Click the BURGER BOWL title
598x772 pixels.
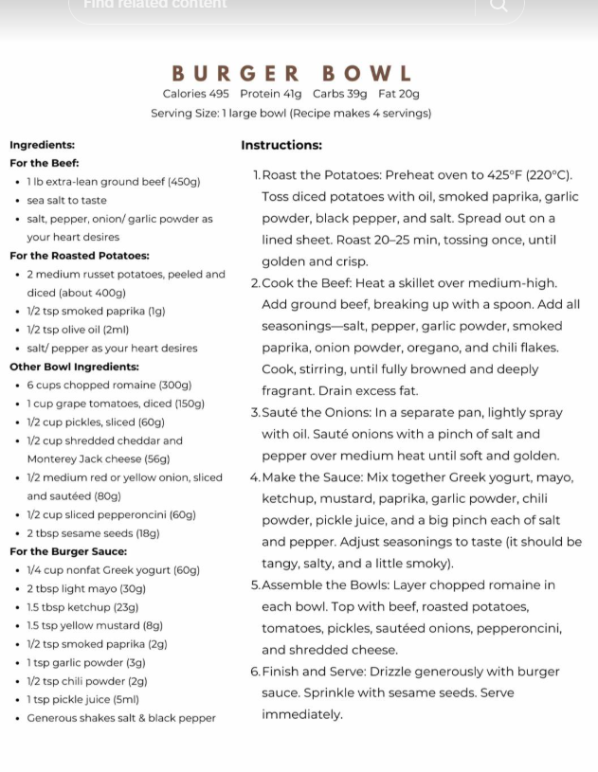(x=292, y=73)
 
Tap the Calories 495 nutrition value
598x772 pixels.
(x=195, y=94)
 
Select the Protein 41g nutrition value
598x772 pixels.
(x=270, y=94)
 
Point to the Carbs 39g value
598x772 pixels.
(x=339, y=94)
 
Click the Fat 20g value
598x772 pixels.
(x=398, y=94)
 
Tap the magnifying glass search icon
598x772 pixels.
(x=498, y=6)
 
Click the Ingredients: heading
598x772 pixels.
(x=42, y=145)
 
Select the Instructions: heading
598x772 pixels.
(x=281, y=145)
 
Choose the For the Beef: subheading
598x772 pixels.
(x=44, y=163)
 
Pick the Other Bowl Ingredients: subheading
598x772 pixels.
(x=74, y=367)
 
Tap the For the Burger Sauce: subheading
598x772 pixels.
(x=67, y=551)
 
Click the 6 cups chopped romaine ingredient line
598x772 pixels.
(x=109, y=386)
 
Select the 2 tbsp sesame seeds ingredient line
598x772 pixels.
(x=93, y=533)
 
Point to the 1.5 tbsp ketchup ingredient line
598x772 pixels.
(x=82, y=607)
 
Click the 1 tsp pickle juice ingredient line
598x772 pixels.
(x=82, y=699)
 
